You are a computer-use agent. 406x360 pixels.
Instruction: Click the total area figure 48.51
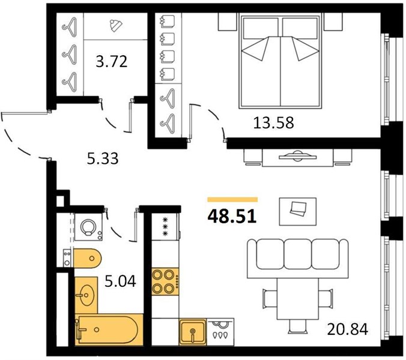click(x=232, y=216)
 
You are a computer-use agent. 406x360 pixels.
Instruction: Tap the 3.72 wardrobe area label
click(x=112, y=62)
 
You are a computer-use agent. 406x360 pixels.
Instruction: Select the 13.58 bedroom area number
click(x=273, y=122)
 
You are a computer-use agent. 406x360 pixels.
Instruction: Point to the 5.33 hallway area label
click(x=103, y=158)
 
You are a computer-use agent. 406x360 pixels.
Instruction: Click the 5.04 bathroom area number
click(x=120, y=281)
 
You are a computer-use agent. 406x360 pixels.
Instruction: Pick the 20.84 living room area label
click(x=348, y=329)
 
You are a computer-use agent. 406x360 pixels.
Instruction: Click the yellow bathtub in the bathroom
click(x=109, y=329)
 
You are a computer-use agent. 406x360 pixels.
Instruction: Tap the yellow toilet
click(x=87, y=258)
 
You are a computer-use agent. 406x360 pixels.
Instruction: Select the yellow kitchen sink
click(x=193, y=332)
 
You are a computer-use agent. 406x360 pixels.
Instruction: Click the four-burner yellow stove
click(x=165, y=281)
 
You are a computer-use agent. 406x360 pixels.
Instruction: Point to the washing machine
click(x=88, y=227)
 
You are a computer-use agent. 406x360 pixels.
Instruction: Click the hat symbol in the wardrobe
click(x=116, y=26)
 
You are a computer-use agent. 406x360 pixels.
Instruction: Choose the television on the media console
click(x=297, y=156)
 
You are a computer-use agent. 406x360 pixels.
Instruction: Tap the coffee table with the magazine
click(x=297, y=212)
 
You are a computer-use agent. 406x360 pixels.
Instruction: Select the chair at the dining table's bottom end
click(x=297, y=325)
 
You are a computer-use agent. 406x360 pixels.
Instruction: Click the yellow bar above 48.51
click(x=232, y=199)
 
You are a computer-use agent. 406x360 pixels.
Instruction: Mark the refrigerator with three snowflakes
click(x=165, y=227)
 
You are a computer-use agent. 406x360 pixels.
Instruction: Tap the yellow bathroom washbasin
click(x=86, y=295)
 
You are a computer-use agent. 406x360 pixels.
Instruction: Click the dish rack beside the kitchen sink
click(x=220, y=332)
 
